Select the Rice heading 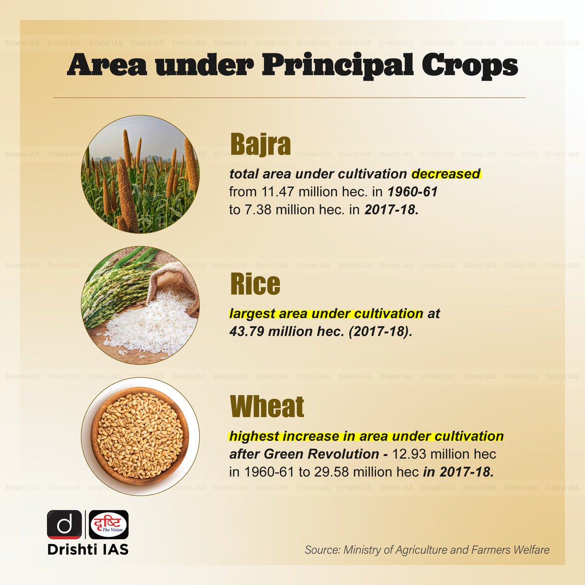[x=255, y=284]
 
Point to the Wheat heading [x=267, y=406]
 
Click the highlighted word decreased [x=446, y=174]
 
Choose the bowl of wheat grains [x=140, y=436]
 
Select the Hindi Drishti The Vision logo [x=109, y=525]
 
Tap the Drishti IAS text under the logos [x=88, y=549]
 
